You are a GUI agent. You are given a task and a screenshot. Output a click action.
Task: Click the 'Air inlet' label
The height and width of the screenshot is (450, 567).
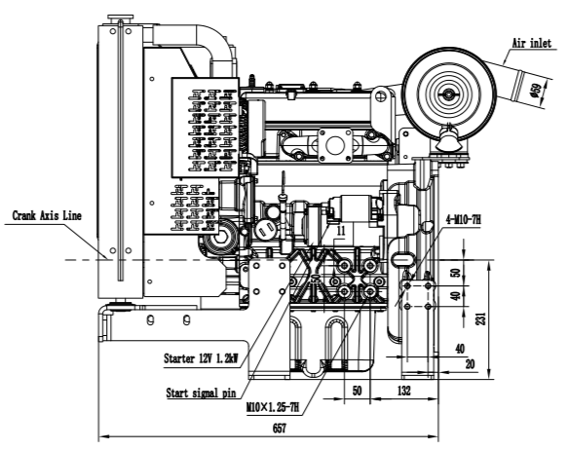coord(532,43)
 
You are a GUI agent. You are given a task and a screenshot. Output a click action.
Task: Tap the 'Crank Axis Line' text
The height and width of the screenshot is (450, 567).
coord(47,216)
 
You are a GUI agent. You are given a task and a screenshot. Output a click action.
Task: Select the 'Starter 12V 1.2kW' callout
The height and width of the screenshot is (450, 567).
coord(201,358)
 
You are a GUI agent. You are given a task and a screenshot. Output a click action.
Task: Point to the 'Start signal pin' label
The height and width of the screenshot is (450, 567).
coord(201,393)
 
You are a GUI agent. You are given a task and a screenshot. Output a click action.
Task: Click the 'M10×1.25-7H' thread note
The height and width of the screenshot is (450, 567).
coord(273,408)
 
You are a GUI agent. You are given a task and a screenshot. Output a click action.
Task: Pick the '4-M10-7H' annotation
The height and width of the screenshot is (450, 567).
coord(464,219)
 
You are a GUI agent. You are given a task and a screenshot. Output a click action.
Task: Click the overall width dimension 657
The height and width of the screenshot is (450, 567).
coord(280,429)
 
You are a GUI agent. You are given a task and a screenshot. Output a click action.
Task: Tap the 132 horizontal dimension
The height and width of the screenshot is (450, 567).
coord(404,391)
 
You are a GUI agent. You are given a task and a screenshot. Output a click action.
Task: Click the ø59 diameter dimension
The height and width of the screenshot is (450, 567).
coord(536,91)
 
